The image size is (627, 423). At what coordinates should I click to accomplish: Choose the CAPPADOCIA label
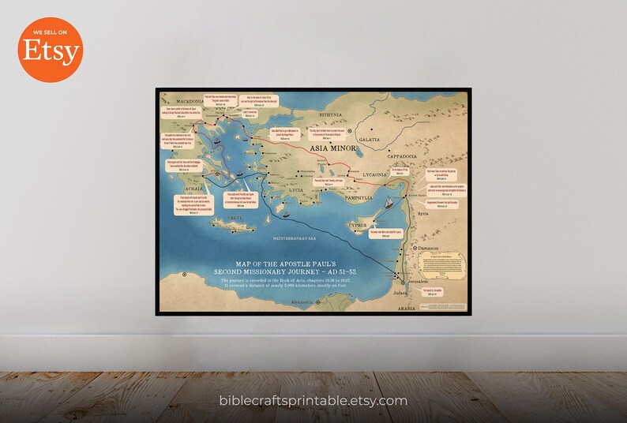[407, 156]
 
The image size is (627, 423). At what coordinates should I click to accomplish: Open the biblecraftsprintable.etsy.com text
[313, 401]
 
